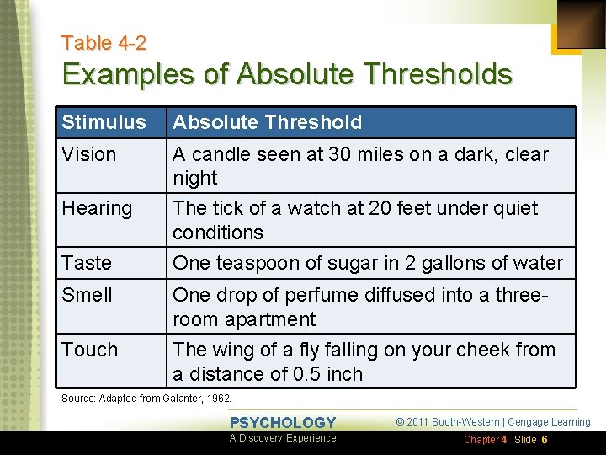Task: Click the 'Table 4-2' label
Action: coord(104,43)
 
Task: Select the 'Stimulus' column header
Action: coord(104,122)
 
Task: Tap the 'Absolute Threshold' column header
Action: coord(267,122)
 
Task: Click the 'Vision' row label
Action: coord(88,154)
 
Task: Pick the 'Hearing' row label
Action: coord(97,208)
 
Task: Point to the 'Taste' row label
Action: coord(87,263)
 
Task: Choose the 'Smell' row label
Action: coord(87,295)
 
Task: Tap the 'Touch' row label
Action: coord(89,350)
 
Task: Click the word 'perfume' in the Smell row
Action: coord(319,295)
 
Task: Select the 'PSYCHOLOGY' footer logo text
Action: coord(283,423)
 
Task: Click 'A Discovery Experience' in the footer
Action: coord(283,438)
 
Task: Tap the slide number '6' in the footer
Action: coord(545,440)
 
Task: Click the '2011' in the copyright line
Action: coord(423,422)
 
